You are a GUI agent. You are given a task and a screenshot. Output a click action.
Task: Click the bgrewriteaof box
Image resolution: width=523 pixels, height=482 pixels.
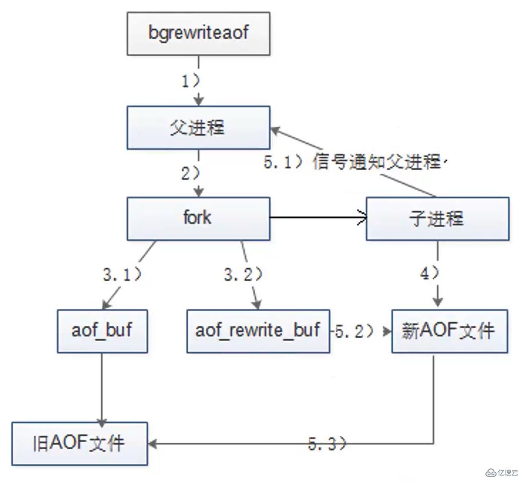click(x=198, y=34)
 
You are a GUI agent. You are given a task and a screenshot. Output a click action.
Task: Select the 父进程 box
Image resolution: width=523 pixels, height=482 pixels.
click(x=198, y=128)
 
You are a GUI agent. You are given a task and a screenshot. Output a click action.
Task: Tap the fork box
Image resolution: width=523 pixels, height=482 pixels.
click(x=198, y=218)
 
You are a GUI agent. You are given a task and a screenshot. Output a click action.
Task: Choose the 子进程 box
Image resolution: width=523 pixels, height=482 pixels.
click(x=437, y=218)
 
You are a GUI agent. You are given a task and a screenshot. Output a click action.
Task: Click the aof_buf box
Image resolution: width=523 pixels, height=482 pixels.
click(x=102, y=331)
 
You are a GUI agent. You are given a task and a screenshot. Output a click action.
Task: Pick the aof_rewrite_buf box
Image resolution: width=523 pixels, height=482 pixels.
click(x=258, y=331)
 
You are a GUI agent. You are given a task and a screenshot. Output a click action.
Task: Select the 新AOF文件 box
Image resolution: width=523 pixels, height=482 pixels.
click(x=449, y=331)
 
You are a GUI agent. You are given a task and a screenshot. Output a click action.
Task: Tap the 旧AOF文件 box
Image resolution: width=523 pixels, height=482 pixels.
click(x=79, y=443)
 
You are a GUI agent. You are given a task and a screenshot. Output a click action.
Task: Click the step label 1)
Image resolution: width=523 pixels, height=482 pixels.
click(x=190, y=81)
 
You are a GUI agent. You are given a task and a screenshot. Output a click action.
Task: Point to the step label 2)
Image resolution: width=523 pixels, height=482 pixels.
click(x=190, y=174)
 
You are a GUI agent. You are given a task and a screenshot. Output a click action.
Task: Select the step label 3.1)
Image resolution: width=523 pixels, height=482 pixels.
click(x=122, y=275)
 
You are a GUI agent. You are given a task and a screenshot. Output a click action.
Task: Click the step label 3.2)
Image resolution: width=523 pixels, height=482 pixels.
click(x=243, y=275)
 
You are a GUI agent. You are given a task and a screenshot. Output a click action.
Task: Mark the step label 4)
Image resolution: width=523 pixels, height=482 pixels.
click(x=429, y=273)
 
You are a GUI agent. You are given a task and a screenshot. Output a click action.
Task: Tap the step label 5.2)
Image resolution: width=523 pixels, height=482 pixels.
click(x=354, y=331)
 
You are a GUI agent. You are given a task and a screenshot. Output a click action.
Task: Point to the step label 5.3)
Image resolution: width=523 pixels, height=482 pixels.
click(x=327, y=444)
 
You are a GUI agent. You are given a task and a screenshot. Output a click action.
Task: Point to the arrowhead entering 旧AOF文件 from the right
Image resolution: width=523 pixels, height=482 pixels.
click(x=152, y=444)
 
